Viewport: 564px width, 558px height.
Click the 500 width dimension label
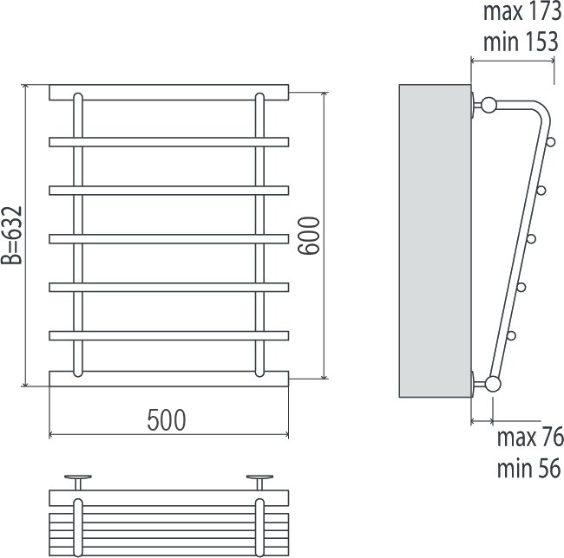(x=167, y=419)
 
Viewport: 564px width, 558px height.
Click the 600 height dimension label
(x=309, y=236)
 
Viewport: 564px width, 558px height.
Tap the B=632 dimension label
(x=11, y=235)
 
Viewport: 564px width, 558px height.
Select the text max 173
(x=522, y=11)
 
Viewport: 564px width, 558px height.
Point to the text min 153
(x=521, y=42)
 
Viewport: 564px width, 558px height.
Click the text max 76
(x=530, y=437)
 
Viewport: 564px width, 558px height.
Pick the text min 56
(x=528, y=468)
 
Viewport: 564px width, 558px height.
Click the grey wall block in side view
(x=436, y=241)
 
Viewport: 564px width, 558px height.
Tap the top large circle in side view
(x=489, y=106)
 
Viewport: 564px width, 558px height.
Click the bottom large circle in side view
(x=493, y=384)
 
